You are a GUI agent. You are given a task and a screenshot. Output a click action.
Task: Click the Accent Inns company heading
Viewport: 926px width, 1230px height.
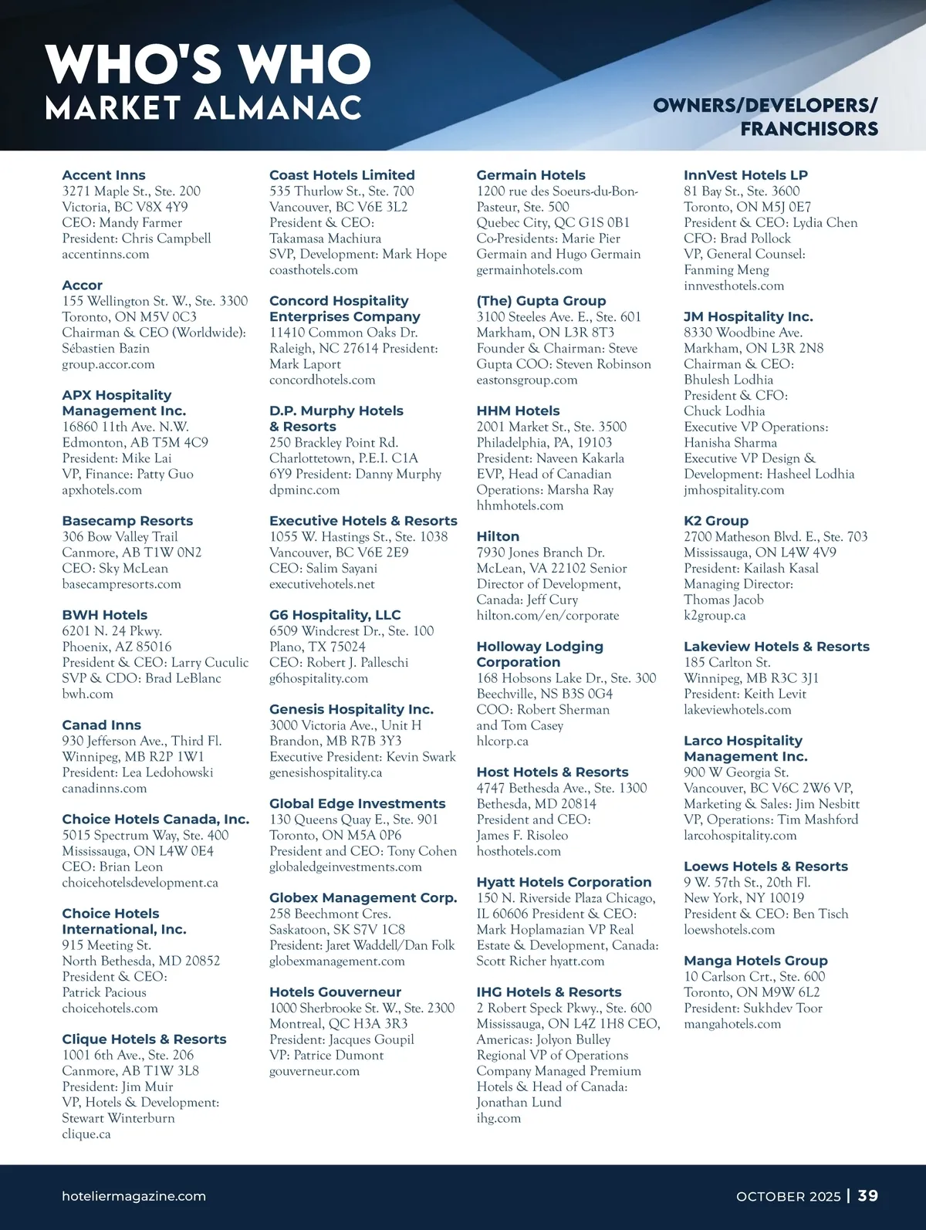coord(103,175)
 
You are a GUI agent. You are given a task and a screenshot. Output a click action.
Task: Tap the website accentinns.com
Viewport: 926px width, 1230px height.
coord(106,254)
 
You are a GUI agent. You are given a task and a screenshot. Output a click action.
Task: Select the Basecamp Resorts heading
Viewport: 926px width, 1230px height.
coord(127,521)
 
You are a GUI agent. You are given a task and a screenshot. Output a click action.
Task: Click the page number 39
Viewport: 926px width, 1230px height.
coord(868,1195)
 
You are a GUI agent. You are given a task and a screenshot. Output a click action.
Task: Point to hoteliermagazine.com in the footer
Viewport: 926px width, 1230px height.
coord(133,1196)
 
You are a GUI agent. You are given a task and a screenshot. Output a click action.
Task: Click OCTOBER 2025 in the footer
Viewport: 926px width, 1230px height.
coord(788,1196)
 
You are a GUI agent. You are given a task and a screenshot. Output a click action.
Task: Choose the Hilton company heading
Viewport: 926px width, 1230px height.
coord(498,536)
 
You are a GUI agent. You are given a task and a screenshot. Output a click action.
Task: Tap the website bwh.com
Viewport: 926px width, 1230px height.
coord(87,694)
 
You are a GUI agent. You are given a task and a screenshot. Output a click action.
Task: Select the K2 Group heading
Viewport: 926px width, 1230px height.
coord(715,521)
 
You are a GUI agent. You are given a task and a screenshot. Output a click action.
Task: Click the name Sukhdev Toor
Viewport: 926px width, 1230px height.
coord(782,1008)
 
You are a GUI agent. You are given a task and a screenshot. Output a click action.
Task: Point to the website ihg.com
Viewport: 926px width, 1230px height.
coord(498,1117)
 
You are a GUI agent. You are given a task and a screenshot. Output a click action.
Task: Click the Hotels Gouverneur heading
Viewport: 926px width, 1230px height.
coord(335,992)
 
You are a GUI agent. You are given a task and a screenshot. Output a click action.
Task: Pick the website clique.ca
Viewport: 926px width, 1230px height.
coord(86,1134)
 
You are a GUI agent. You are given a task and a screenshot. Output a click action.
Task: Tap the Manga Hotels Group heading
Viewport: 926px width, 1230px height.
coord(755,961)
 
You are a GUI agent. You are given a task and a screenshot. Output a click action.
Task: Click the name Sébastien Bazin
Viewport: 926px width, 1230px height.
coord(106,348)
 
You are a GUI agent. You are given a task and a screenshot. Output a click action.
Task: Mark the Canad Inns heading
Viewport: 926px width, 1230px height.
coord(101,725)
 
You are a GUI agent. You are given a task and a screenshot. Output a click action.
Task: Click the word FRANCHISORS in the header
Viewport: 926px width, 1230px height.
coord(809,129)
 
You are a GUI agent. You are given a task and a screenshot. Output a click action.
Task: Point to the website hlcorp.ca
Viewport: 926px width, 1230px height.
coord(502,741)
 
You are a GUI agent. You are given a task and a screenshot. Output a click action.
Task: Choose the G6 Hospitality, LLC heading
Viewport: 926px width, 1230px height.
coord(335,615)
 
